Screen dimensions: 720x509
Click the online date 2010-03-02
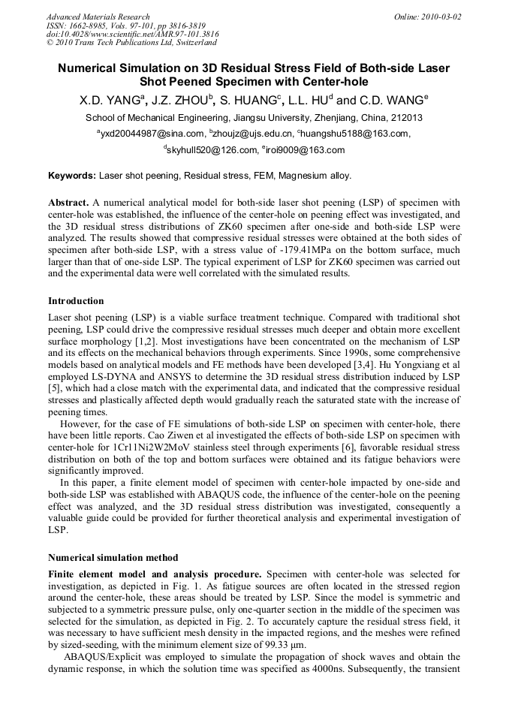pyautogui.click(x=444, y=17)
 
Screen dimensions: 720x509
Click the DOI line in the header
pyautogui.click(x=133, y=35)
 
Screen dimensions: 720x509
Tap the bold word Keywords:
pyautogui.click(x=72, y=176)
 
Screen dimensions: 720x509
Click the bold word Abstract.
pyautogui.click(x=69, y=203)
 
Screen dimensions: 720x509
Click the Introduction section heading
pyautogui.click(x=76, y=301)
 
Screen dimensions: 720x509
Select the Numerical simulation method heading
pyautogui.click(x=113, y=558)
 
